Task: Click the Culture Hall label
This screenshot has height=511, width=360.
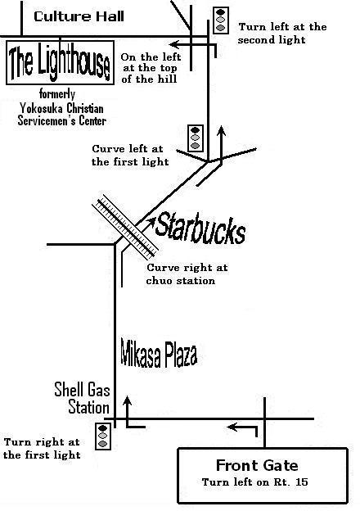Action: click(79, 16)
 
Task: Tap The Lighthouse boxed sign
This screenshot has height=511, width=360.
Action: click(61, 62)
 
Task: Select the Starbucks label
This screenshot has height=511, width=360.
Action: click(200, 228)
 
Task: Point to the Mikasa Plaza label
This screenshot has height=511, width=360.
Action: click(159, 353)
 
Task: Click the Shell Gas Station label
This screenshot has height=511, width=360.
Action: click(83, 398)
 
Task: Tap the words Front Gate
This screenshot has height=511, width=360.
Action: click(257, 465)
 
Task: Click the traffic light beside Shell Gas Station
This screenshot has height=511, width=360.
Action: click(103, 436)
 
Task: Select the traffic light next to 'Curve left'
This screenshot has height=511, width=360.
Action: click(196, 138)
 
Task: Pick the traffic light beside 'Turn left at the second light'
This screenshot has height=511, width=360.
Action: click(221, 20)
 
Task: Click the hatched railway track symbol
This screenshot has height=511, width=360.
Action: click(125, 227)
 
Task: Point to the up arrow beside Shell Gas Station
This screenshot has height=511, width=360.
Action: click(128, 411)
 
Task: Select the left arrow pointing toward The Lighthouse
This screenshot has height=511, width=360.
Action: click(193, 44)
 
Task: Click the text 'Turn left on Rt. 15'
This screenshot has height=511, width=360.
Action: click(255, 482)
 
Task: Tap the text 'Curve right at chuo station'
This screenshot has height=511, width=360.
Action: click(187, 274)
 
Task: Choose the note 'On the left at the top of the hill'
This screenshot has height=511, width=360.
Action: click(151, 68)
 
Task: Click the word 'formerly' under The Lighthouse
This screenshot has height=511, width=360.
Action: click(57, 94)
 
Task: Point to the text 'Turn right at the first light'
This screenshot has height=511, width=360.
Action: click(42, 449)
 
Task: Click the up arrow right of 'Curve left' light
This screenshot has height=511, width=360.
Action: click(222, 146)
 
